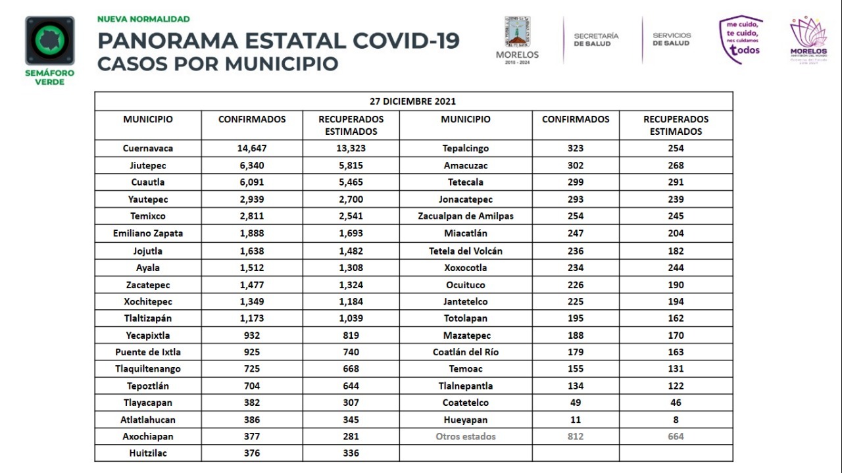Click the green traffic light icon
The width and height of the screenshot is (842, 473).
49,41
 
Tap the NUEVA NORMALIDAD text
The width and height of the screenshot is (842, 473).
143,19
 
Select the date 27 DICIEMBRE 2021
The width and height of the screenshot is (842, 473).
412,101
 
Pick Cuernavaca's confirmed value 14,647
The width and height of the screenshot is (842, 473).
252,148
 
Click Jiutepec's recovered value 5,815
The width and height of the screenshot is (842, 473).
351,165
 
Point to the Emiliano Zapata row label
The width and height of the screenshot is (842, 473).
148,233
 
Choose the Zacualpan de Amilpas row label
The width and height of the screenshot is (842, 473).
466,216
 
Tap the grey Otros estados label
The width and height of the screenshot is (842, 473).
466,437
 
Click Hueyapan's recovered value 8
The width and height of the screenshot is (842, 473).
676,420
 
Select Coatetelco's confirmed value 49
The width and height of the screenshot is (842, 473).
576,403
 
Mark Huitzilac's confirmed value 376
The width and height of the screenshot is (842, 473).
252,453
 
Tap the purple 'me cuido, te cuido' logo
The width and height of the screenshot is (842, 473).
741,39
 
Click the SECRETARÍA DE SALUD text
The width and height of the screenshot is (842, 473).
596,40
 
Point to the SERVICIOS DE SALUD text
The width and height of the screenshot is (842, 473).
672,39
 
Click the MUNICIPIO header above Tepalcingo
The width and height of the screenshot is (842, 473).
466,119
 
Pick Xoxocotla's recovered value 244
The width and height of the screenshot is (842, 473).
676,268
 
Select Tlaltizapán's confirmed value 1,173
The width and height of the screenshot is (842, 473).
252,318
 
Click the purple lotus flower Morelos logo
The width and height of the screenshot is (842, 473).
809,39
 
